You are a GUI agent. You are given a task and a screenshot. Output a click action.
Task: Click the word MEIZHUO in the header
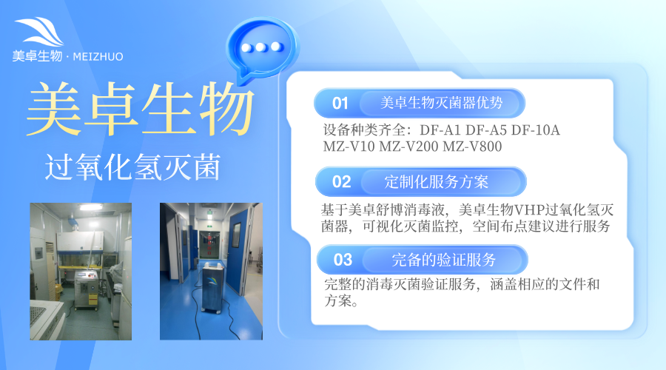point(99,56)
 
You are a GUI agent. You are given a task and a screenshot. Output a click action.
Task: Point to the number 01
point(340,102)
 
